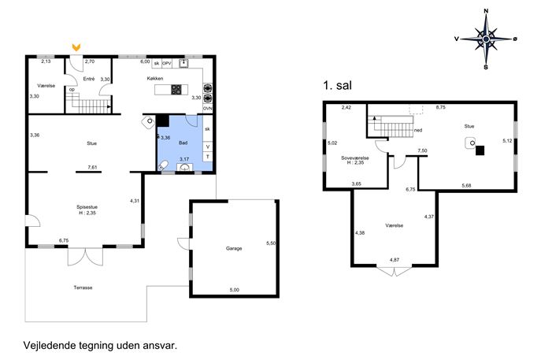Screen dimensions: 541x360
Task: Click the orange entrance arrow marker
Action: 76,47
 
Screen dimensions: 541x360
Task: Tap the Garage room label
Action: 234,248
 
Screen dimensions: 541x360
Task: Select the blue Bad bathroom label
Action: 183,143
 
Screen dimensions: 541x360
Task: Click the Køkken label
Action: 155,78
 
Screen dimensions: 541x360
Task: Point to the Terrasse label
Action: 83,288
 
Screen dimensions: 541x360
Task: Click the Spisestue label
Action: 87,207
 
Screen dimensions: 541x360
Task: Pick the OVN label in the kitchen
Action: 208,109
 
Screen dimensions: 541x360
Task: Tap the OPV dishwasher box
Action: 167,63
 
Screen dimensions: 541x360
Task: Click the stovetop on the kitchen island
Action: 176,89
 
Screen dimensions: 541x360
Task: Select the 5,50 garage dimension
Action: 271,243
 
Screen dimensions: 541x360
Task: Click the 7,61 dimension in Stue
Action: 92,168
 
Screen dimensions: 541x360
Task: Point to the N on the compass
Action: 486,11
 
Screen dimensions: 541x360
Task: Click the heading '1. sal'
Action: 337,85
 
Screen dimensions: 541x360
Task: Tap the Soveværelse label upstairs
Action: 355,158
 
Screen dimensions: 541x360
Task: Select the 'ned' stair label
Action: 418,130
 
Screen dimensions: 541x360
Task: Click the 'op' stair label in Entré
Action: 72,89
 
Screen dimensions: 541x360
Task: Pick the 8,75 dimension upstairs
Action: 441,107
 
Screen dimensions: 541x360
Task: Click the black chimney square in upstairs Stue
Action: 480,150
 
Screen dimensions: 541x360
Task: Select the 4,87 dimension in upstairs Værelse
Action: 395,259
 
